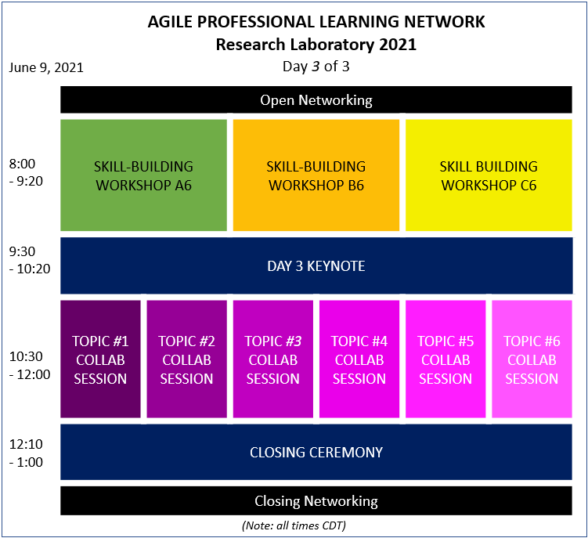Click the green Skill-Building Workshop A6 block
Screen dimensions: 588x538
(143, 175)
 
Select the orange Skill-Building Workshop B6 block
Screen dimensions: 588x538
(316, 175)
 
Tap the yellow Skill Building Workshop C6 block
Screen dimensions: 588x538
(489, 175)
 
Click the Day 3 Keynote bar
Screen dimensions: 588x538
(316, 265)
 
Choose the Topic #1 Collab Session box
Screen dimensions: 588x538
(100, 359)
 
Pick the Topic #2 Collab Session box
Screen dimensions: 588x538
(187, 359)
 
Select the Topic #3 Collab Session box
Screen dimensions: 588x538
(273, 359)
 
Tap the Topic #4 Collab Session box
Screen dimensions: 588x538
(359, 359)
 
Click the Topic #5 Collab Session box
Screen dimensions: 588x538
(446, 359)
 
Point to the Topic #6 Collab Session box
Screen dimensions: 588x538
(532, 359)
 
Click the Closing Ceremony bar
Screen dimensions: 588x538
(316, 452)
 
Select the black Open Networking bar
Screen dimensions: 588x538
(316, 99)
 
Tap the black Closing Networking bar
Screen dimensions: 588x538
(316, 501)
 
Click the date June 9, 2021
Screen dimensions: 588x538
(46, 67)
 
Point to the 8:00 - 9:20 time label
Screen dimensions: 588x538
(26, 172)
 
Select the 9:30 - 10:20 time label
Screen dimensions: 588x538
(30, 260)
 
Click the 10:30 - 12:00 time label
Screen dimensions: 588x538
(30, 366)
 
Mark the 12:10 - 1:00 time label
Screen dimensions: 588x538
(26, 453)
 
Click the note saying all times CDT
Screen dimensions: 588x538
(294, 525)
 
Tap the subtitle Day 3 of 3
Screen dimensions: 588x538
(316, 67)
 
